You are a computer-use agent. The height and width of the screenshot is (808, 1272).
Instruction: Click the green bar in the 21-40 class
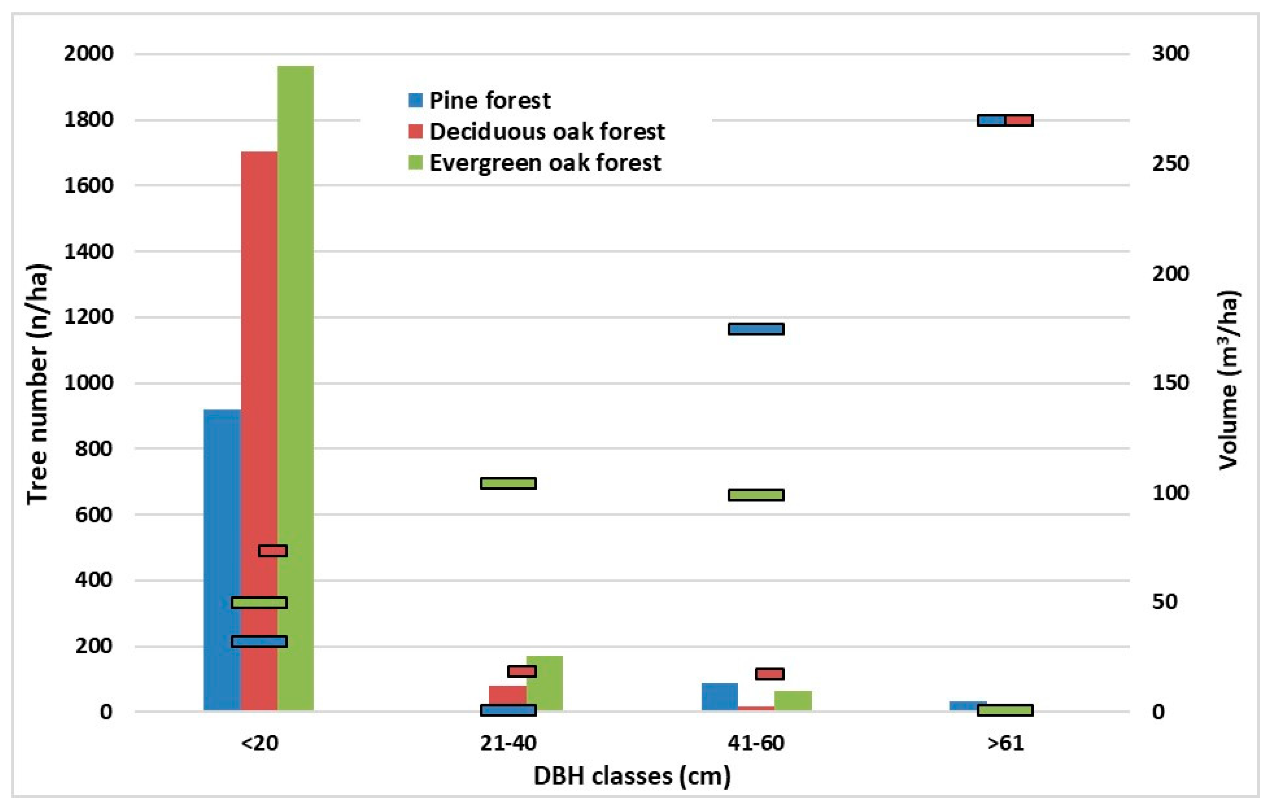click(x=545, y=684)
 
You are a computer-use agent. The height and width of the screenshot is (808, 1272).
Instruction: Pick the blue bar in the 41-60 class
click(x=719, y=697)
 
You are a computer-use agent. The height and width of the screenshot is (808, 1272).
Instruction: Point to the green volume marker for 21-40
click(x=508, y=483)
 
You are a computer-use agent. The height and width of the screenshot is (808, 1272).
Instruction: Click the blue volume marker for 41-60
click(x=756, y=329)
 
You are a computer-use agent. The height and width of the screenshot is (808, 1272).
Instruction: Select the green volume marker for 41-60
click(x=756, y=495)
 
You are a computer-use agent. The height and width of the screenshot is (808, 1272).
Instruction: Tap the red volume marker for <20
click(x=273, y=551)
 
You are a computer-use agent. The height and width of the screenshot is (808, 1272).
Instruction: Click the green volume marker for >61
click(x=1005, y=710)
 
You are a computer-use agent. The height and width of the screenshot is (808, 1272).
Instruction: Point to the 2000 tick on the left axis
click(x=89, y=54)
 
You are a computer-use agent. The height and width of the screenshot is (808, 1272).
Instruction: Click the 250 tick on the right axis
click(x=1171, y=164)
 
